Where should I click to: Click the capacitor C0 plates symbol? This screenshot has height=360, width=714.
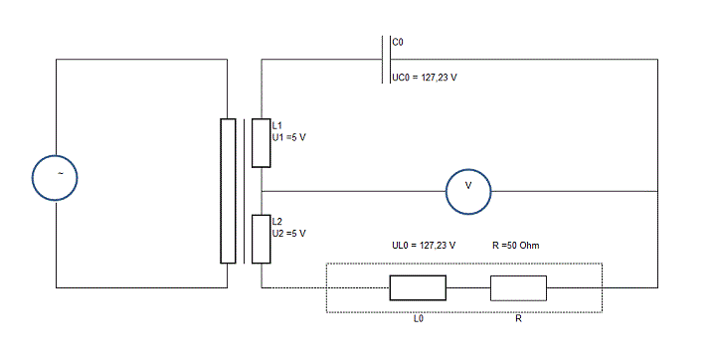[x=386, y=59]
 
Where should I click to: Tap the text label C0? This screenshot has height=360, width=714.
[x=398, y=42]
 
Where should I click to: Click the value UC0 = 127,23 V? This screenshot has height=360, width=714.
[x=425, y=78]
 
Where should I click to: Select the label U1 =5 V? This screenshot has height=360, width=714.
[x=289, y=137]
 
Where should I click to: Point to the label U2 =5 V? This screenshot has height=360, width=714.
[x=289, y=233]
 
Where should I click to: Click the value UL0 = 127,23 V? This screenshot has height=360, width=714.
[x=424, y=246]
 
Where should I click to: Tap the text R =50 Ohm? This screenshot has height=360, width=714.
[x=516, y=246]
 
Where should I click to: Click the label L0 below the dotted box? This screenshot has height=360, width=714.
[x=419, y=318]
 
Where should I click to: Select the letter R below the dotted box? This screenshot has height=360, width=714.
[x=519, y=318]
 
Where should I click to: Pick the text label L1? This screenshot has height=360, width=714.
[x=277, y=125]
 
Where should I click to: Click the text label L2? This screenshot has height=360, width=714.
[x=277, y=222]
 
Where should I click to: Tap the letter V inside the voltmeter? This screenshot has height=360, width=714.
[x=468, y=185]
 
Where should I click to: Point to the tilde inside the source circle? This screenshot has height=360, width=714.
[x=60, y=173]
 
